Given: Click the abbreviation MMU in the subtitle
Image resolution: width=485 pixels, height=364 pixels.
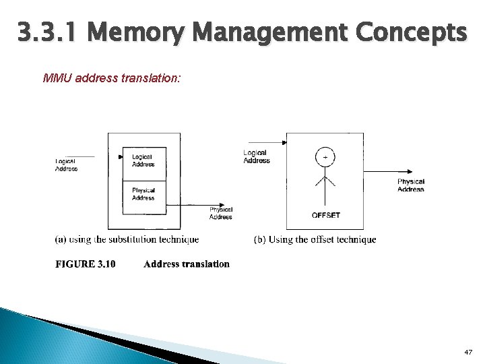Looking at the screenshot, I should (x=57, y=78).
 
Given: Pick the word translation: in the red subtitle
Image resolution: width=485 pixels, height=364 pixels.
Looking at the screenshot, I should (x=151, y=78).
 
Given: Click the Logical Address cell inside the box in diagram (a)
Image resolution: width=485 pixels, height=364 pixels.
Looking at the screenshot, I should (x=143, y=160).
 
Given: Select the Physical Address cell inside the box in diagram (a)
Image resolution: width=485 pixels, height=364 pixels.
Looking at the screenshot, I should (x=143, y=194).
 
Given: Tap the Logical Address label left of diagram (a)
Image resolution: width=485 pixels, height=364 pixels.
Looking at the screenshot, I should (x=66, y=165).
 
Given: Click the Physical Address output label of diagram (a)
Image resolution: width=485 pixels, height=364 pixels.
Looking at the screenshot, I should (x=220, y=213).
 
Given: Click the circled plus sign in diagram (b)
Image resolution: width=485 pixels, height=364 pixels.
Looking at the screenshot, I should (x=325, y=157).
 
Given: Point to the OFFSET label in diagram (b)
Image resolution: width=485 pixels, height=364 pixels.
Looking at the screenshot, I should (x=325, y=216).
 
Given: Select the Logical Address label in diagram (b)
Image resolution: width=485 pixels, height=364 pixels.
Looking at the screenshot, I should (x=256, y=156).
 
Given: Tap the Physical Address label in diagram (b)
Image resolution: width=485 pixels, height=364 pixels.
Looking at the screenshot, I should (x=410, y=185).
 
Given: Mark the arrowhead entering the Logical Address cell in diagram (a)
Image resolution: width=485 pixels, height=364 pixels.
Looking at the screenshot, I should (x=119, y=157).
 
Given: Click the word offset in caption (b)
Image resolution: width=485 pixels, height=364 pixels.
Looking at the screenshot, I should (x=322, y=239).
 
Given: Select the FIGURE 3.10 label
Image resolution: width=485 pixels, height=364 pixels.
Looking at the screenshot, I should (x=85, y=264).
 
